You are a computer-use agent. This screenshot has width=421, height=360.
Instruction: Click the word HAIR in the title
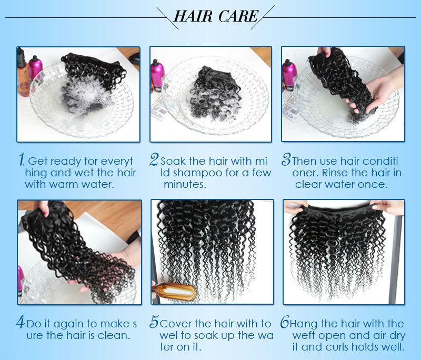[193, 16]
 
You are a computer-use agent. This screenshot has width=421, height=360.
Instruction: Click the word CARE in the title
[238, 16]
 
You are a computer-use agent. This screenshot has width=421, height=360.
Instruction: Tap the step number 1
[22, 159]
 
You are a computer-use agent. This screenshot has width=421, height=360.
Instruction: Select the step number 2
[154, 159]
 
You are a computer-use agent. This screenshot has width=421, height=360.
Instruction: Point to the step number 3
[286, 159]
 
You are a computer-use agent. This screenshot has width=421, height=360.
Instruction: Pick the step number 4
[21, 322]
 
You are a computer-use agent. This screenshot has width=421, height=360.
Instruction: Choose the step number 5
[154, 322]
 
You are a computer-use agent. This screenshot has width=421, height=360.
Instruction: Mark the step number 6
[285, 322]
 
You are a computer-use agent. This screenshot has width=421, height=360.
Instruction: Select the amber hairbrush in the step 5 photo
[175, 292]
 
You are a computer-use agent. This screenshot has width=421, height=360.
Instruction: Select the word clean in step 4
[114, 335]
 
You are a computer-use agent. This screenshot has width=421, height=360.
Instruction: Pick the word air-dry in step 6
[387, 336]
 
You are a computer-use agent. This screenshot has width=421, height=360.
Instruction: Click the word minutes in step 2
[185, 184]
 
